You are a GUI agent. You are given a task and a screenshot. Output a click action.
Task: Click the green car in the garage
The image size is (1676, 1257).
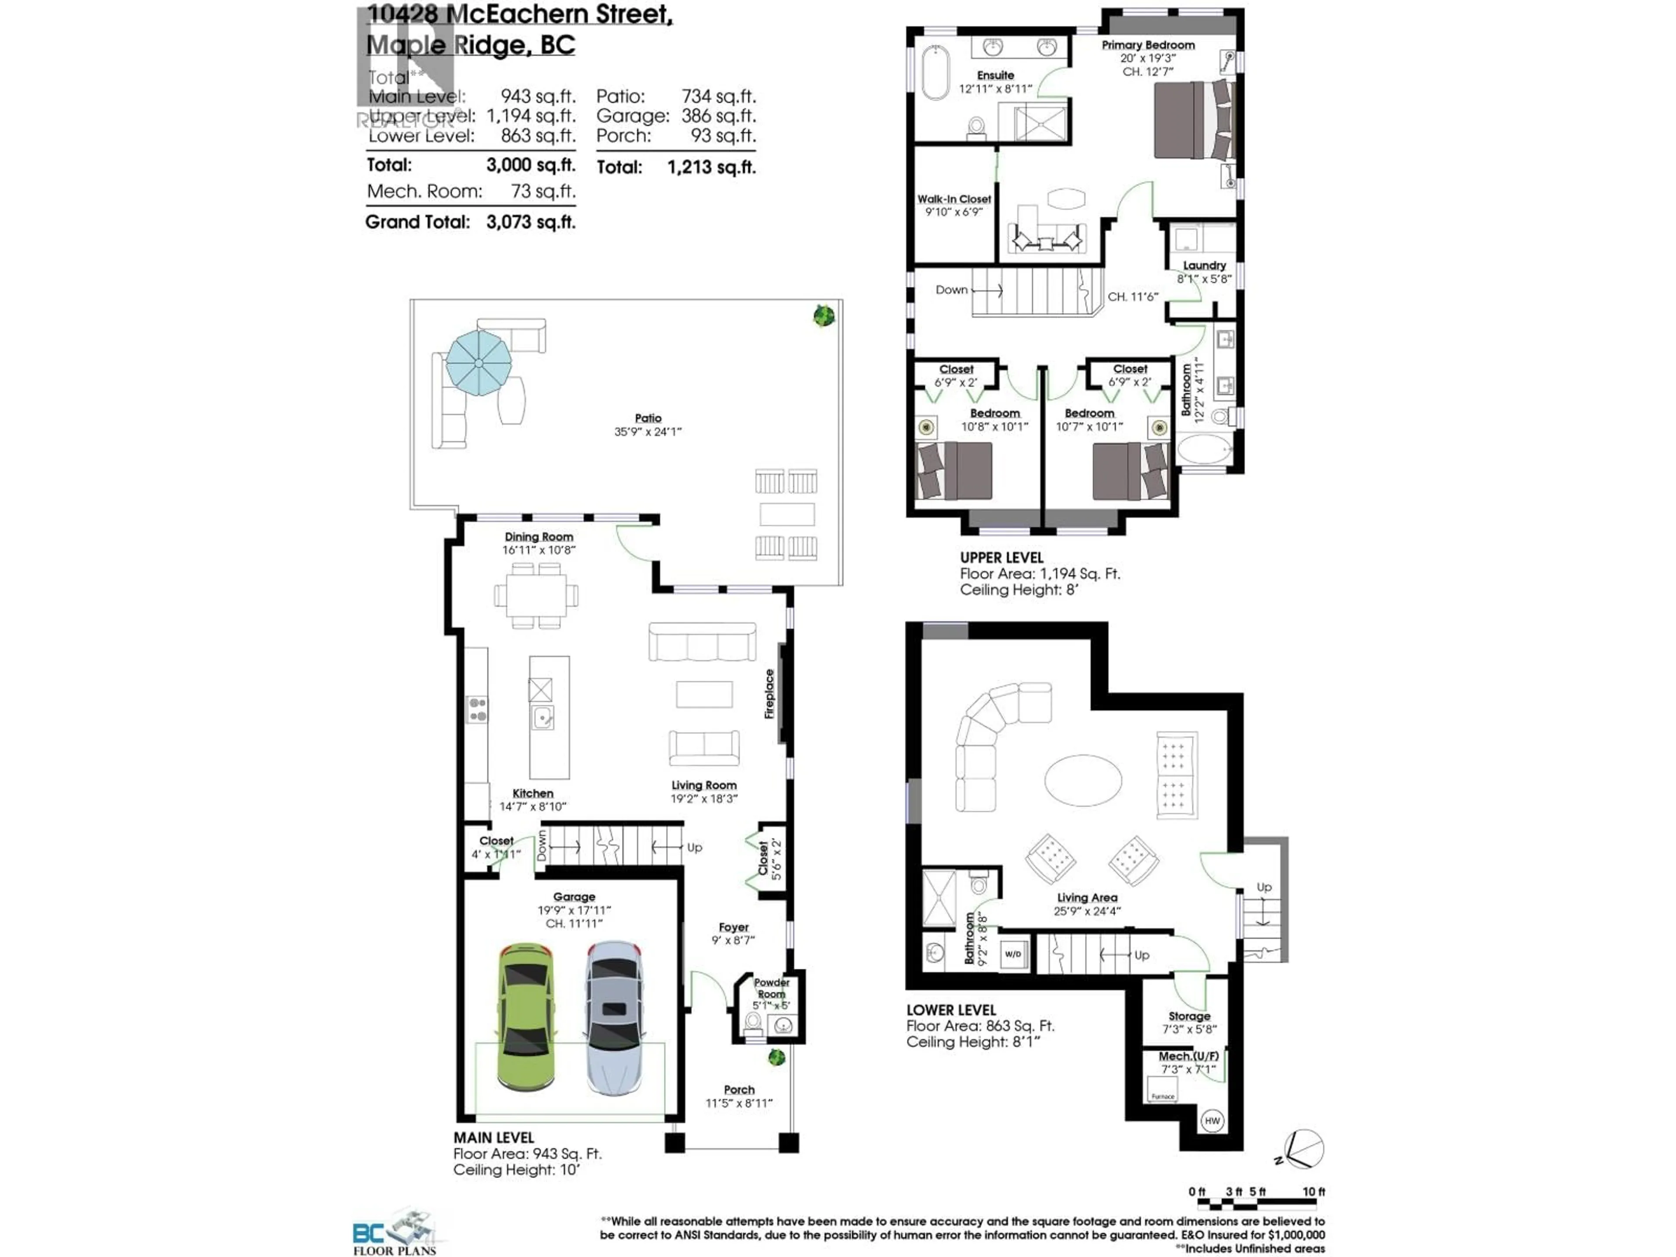click(x=526, y=1017)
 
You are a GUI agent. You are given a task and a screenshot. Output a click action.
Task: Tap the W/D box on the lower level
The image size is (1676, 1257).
click(x=1013, y=954)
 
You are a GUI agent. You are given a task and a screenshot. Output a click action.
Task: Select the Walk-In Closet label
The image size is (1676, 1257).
click(x=954, y=199)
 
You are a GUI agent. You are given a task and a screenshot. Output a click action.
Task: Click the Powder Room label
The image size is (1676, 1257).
click(x=771, y=988)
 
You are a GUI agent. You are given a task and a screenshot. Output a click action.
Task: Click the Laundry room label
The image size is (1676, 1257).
click(x=1204, y=265)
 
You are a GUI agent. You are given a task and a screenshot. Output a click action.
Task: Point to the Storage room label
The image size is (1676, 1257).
click(x=1189, y=1016)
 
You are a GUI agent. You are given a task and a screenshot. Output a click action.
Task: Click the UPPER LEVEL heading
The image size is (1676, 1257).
click(x=1001, y=557)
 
